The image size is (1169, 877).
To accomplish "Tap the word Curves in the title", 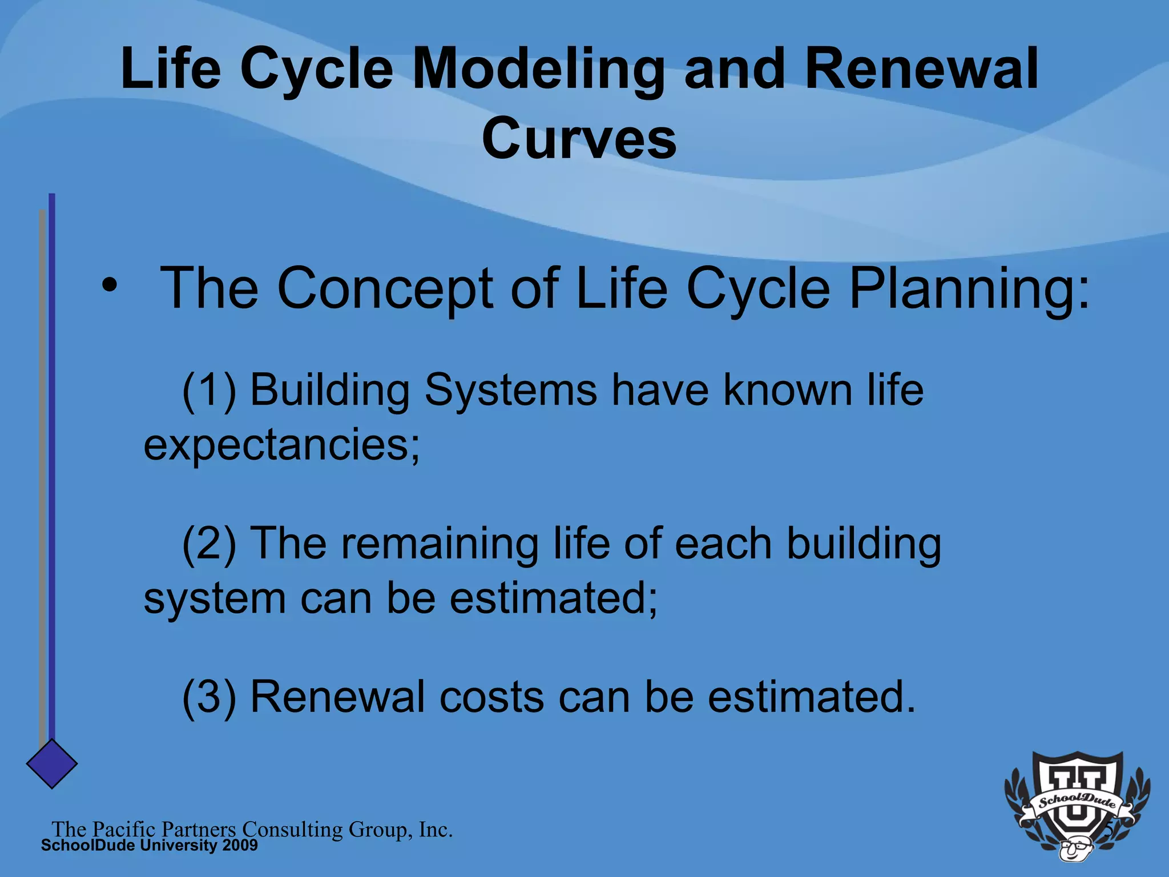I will pos(579,139).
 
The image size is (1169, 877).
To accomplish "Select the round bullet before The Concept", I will pos(109,284).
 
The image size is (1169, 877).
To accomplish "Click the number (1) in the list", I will pos(209,391).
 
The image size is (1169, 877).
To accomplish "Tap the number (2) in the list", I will pos(209,544).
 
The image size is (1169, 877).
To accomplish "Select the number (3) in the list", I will pos(209,697).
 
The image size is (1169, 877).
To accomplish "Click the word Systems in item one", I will pos(511,391).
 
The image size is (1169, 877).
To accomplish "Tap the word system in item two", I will pos(214,600).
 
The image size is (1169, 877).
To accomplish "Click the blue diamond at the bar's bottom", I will pos(52,764).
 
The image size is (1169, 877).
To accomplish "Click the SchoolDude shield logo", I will pos(1077,805).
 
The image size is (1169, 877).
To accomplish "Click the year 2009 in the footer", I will pos(240,846).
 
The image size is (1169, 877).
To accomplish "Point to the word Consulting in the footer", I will pos(292,830).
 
